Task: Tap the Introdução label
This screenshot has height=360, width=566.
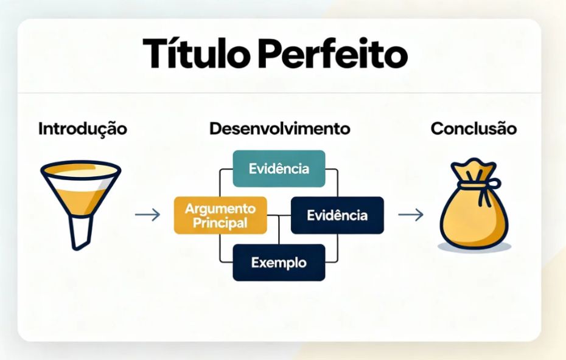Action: pyautogui.click(x=83, y=129)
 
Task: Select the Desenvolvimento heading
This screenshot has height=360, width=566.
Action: pyautogui.click(x=279, y=129)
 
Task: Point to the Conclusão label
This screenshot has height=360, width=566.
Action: pyautogui.click(x=473, y=129)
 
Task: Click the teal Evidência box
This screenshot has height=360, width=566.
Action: pyautogui.click(x=279, y=168)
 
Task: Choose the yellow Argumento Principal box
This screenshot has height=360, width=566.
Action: pyautogui.click(x=220, y=215)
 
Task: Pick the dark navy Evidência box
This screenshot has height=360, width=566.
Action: pyautogui.click(x=337, y=215)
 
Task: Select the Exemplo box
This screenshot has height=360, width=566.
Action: pyautogui.click(x=279, y=263)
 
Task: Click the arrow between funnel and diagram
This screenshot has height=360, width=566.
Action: pyautogui.click(x=147, y=215)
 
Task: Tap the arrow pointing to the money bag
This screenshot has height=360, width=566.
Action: pyautogui.click(x=410, y=215)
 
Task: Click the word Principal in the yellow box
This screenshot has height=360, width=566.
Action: pyautogui.click(x=220, y=223)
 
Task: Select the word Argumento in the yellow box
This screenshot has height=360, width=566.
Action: pyautogui.click(x=220, y=209)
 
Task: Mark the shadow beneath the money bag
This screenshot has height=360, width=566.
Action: pyautogui.click(x=475, y=247)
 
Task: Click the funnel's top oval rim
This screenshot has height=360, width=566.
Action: pyautogui.click(x=80, y=170)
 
